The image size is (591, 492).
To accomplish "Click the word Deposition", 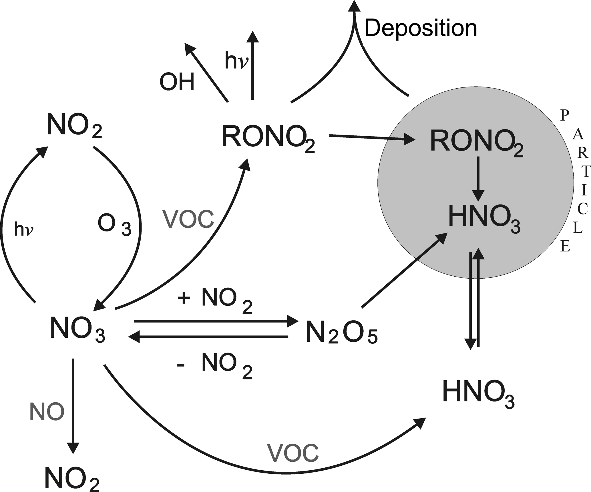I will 421,29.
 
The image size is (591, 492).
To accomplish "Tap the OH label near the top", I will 177,82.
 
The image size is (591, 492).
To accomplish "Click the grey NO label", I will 47,412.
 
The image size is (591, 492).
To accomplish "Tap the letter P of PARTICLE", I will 564,115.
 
